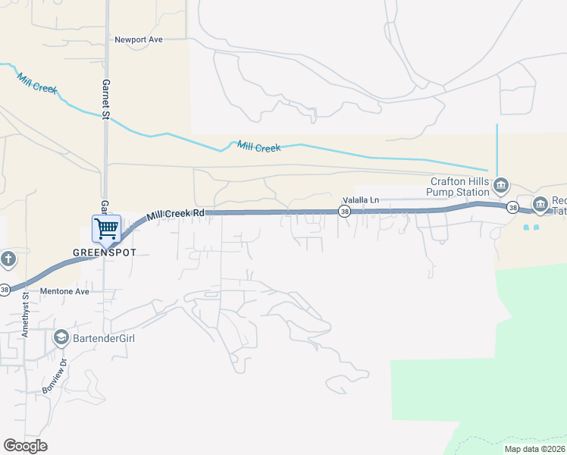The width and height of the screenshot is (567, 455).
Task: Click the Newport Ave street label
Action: (139, 39)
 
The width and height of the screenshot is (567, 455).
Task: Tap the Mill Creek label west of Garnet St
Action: (37, 83)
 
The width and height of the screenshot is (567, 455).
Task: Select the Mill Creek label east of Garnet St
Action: (258, 146)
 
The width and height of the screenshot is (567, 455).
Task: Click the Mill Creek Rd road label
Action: (176, 215)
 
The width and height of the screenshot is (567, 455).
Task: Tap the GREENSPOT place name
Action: (104, 251)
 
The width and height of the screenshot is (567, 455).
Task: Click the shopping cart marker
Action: (106, 228)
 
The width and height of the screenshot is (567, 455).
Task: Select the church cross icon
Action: (8, 260)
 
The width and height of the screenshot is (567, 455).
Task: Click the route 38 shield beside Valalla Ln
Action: (344, 212)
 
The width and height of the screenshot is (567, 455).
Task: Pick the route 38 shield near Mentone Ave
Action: (5, 289)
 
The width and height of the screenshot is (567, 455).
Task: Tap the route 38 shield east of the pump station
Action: (513, 208)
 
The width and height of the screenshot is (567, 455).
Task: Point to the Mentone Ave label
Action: (64, 291)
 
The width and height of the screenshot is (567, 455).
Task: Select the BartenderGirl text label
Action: (105, 337)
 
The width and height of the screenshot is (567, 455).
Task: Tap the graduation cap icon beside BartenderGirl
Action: (61, 337)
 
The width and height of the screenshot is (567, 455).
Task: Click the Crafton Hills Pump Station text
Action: (462, 187)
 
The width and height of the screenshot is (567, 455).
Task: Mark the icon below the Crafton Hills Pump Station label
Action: (500, 185)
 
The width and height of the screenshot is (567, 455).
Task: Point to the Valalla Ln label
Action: (361, 200)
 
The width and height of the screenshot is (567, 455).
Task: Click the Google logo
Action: (26, 446)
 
